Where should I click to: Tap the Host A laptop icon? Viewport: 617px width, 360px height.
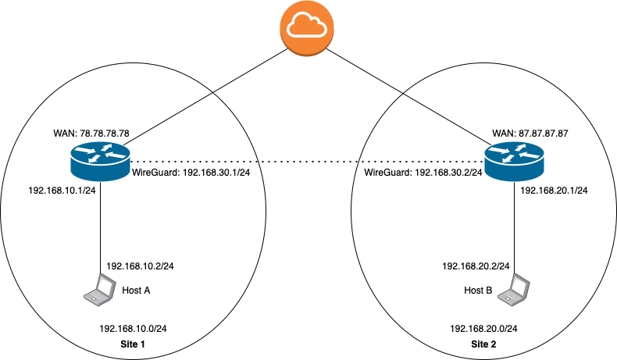click(100, 290)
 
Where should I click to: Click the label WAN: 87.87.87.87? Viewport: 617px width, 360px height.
click(530, 134)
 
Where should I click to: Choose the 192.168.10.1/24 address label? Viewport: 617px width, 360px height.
click(62, 190)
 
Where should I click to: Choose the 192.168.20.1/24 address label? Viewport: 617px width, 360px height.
click(554, 190)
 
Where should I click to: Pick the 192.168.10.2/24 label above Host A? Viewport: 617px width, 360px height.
click(140, 266)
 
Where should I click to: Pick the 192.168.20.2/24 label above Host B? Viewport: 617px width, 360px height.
click(476, 266)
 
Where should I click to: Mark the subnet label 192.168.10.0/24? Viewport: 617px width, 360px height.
click(134, 329)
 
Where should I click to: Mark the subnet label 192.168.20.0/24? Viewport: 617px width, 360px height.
click(484, 329)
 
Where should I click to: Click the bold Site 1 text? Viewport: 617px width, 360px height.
click(133, 344)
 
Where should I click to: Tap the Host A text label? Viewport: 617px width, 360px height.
click(136, 290)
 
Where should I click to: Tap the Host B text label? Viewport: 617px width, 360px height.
click(478, 290)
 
